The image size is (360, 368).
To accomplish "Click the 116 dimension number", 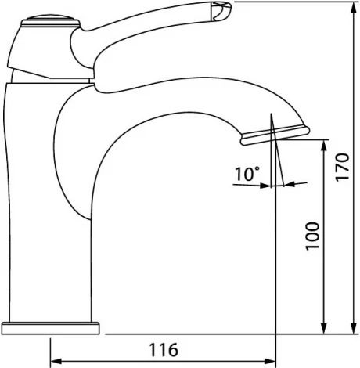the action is pos(164,349).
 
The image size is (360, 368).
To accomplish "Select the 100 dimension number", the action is pos(312,236).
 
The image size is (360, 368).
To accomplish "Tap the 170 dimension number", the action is pos(342,167).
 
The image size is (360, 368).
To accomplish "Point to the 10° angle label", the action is pos(247,174).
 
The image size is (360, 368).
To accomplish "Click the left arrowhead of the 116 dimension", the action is pos(56,362).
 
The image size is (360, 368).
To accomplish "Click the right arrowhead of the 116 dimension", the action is pos(270,362).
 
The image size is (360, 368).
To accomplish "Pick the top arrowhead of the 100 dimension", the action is pos(323,146).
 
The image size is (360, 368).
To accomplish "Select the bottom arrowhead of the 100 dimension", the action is pos(323,328).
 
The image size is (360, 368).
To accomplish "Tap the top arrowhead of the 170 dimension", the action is pos(354,8).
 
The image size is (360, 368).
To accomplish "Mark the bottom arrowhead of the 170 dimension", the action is pos(354,328).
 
